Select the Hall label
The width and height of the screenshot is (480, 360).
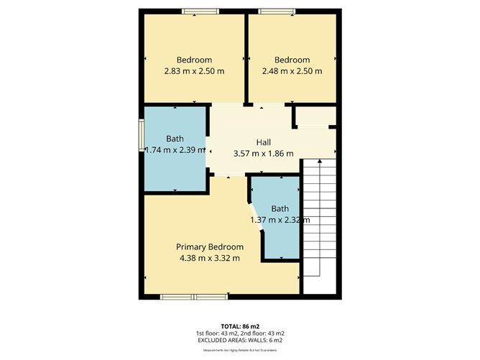tap(263, 142)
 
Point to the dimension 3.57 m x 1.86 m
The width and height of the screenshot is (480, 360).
tap(263, 153)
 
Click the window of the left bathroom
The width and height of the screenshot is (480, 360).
tap(142, 137)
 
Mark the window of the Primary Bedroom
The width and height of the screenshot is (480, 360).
tap(194, 296)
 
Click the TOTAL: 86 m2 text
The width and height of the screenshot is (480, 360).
tap(239, 325)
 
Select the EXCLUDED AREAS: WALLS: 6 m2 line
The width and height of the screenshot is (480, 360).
tap(239, 341)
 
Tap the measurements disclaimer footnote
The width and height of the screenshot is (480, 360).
tap(239, 350)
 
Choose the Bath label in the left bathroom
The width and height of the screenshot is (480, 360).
tap(175, 139)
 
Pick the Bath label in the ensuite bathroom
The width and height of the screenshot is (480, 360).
tap(280, 209)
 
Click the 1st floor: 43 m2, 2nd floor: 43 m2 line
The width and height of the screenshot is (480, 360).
tap(239, 333)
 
